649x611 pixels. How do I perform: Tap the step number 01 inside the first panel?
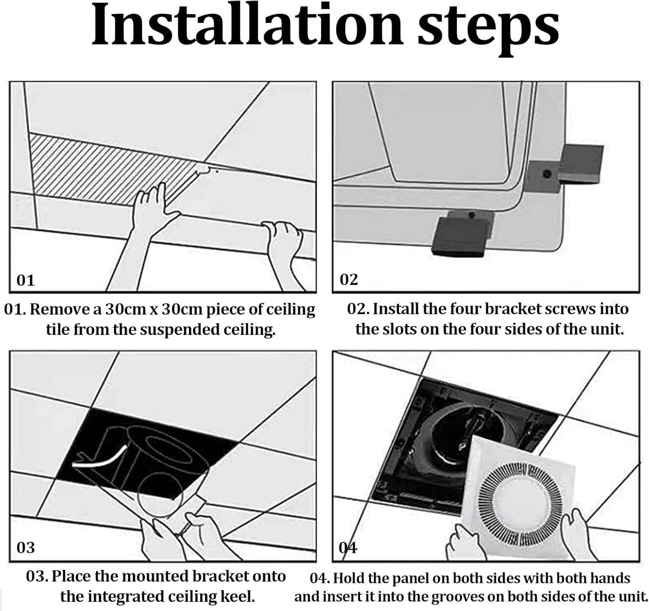25,280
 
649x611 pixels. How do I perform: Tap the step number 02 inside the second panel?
349,280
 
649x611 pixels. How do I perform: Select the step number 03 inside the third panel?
25,547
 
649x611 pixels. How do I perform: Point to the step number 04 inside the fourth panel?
348,547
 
